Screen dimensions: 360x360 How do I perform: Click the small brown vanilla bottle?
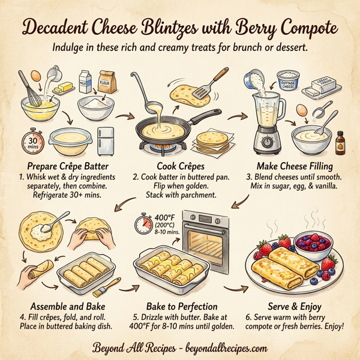pos(343,143)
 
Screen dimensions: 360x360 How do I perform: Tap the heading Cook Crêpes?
pos(179,166)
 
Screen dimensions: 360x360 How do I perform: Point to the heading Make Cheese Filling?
pos(294,166)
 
